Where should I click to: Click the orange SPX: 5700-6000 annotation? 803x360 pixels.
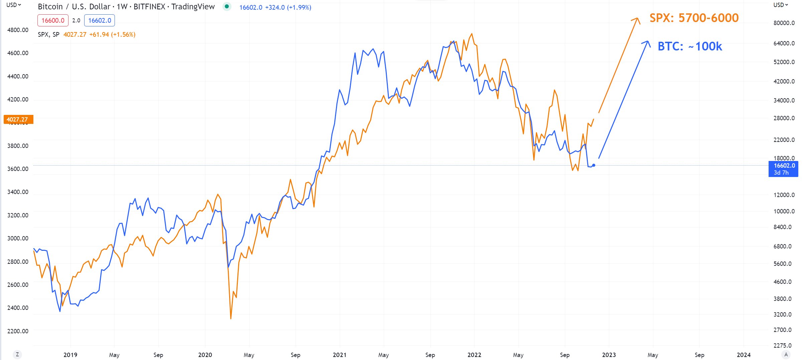(x=694, y=18)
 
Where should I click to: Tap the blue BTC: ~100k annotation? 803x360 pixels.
(x=690, y=46)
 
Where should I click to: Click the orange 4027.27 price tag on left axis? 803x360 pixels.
(x=18, y=119)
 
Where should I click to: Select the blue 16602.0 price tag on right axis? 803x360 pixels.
(x=783, y=169)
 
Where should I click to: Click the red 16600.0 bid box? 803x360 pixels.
(x=53, y=20)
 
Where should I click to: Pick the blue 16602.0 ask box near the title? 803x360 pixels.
(x=100, y=20)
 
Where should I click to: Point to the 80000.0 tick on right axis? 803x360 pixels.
(x=784, y=23)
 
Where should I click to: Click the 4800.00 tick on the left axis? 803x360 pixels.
(x=18, y=30)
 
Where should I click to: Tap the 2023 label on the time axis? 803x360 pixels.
(x=609, y=355)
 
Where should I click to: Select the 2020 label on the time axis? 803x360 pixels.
(x=205, y=355)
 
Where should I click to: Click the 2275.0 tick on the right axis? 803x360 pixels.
(x=783, y=345)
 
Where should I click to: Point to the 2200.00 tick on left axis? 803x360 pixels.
(x=18, y=331)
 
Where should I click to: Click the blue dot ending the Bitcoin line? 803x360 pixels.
(x=594, y=165)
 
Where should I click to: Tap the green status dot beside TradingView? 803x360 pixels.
(x=227, y=6)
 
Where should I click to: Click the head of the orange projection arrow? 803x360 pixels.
(x=637, y=18)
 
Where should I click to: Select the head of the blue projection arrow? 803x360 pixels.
(x=648, y=42)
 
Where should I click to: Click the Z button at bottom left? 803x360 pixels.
(x=17, y=355)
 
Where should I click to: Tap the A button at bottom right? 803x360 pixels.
(x=786, y=355)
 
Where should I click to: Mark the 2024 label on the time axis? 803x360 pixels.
(x=744, y=355)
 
